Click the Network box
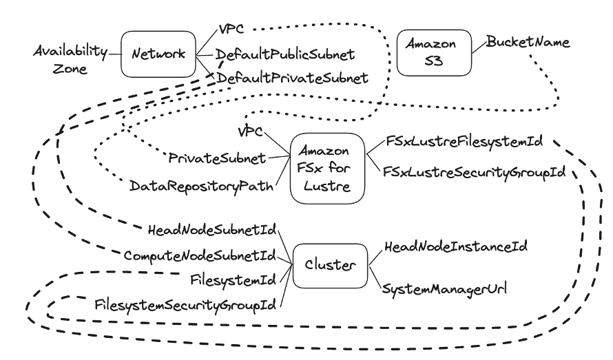click(x=158, y=54)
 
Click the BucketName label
click(x=528, y=43)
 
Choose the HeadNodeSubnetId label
click(x=212, y=229)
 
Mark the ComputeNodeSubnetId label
click(x=199, y=255)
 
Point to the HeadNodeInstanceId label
click(x=449, y=246)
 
